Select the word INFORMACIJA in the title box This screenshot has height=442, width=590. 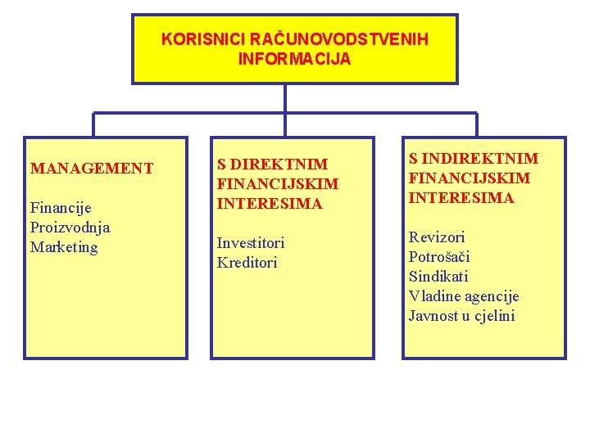pos(294,59)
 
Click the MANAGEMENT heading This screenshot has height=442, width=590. pos(92,169)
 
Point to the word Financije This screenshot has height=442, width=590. pos(61,208)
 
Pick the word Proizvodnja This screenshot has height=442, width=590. pos(70,228)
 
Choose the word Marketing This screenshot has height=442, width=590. pos(64,247)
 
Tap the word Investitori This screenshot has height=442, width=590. pos(251,243)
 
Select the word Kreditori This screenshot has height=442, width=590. pos(247,263)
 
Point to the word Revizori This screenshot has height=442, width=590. pos(437,237)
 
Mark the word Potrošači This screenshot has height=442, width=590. pos(439,257)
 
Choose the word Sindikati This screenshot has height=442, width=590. pos(438,277)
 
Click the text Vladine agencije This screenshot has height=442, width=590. pos(464,296)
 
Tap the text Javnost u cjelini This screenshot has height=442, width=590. pos(461,316)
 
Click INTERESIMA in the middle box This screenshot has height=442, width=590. pos(270,203)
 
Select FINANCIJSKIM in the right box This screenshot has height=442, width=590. pos(470,178)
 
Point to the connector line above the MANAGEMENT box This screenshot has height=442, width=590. pos(93,124)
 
